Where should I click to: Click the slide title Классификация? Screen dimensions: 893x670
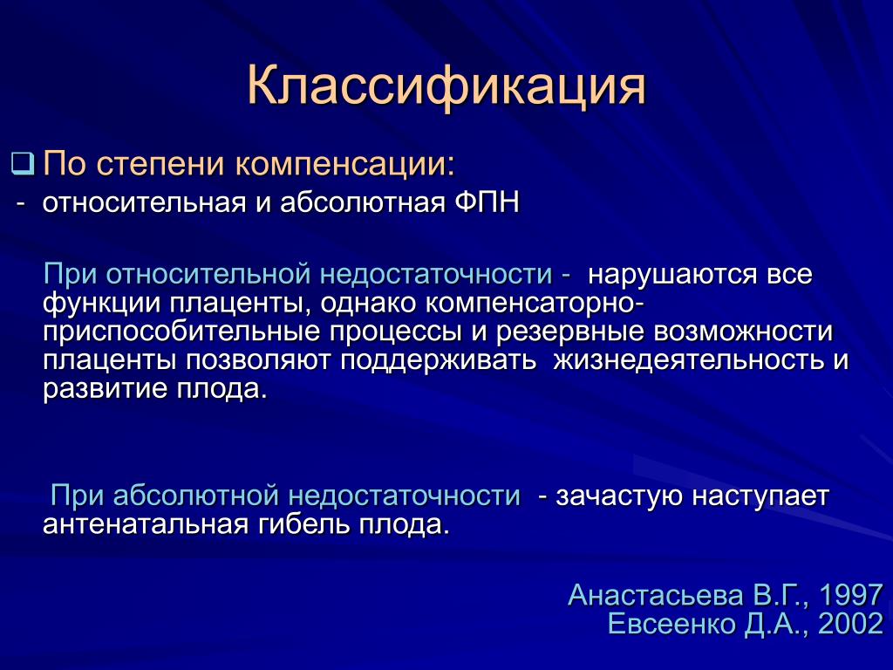click(446, 86)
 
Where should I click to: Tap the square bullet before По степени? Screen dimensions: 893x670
click(23, 163)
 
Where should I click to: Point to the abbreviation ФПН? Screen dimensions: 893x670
click(487, 202)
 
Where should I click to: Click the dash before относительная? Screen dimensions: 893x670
click(21, 204)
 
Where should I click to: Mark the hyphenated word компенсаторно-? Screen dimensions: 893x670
click(535, 304)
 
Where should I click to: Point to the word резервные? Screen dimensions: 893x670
click(569, 332)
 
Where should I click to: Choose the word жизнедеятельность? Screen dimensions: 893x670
click(689, 360)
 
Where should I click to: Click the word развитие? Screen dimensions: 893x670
click(105, 389)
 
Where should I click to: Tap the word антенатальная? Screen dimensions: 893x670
click(146, 524)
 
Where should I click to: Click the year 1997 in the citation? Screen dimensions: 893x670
click(850, 595)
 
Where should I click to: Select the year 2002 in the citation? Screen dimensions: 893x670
click(850, 624)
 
